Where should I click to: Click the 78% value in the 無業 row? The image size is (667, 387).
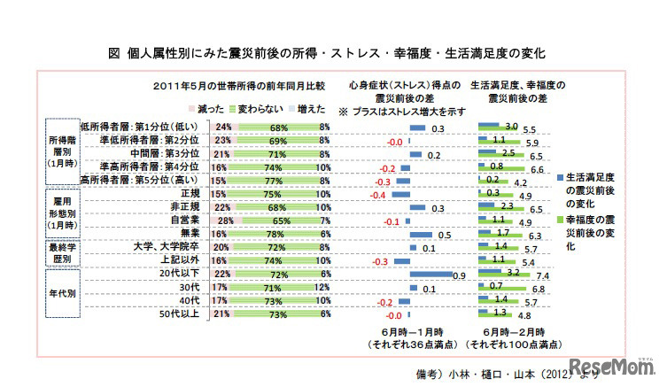[x=274, y=234]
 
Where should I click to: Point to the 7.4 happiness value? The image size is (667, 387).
[x=540, y=276]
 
